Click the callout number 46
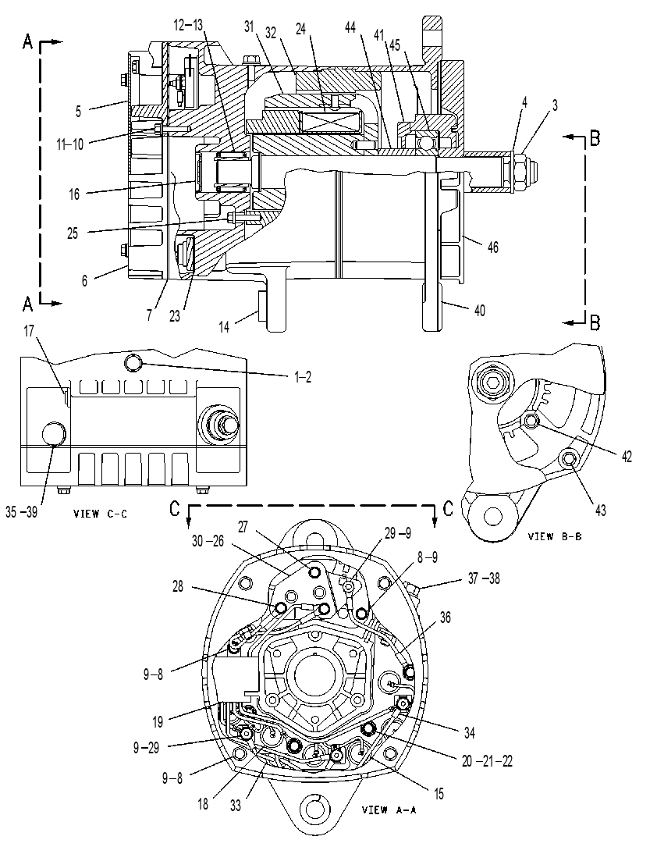[492, 247]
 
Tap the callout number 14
[224, 327]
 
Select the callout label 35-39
[22, 512]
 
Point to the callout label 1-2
[303, 378]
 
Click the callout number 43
[600, 510]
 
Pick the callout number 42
[627, 457]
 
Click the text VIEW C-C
[101, 514]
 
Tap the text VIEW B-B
[555, 536]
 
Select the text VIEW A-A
[389, 810]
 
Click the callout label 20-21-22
[487, 761]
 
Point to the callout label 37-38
[484, 578]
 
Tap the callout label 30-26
[208, 541]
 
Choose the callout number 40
[479, 311]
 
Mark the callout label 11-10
[70, 144]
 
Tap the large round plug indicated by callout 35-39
[53, 433]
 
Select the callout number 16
[74, 194]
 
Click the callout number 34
[469, 732]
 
